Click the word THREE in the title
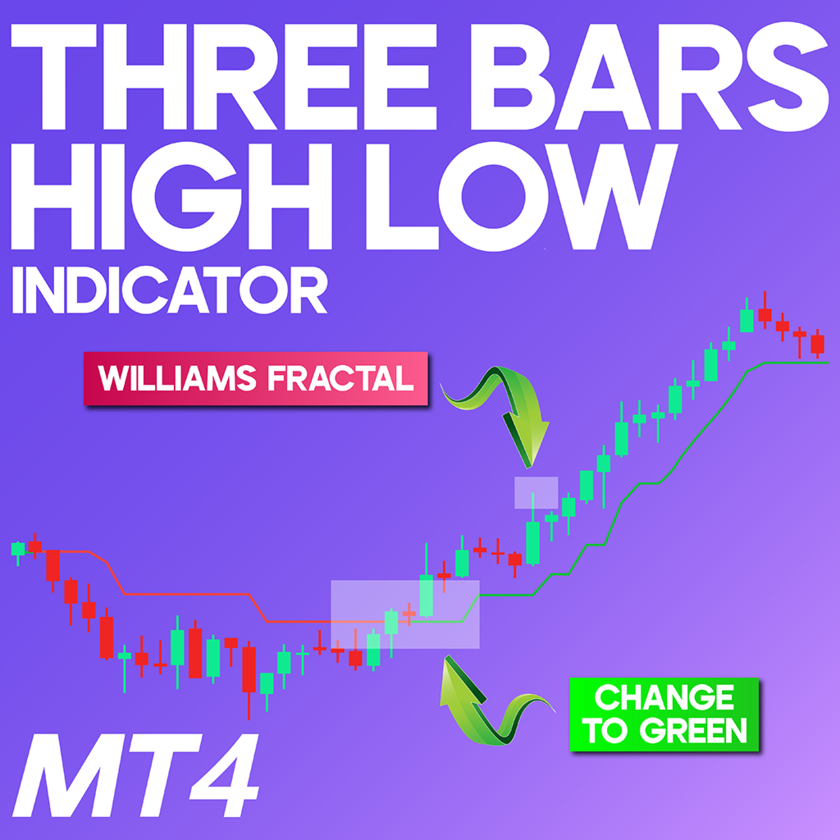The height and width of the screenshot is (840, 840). [x=224, y=76]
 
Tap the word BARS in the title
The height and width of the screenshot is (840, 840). [x=650, y=76]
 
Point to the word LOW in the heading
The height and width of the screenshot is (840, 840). [x=522, y=196]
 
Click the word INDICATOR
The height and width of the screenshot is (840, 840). [x=170, y=290]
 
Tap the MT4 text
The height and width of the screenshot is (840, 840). [x=136, y=775]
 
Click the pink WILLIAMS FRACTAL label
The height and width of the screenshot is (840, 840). [x=256, y=378]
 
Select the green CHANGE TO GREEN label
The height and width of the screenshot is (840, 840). [x=664, y=714]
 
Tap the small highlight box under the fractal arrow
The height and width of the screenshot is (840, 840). [x=536, y=492]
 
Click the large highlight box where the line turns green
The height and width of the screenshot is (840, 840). [x=405, y=614]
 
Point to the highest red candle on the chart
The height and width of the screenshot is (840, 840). [x=765, y=314]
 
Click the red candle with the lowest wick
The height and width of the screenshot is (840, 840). [x=249, y=669]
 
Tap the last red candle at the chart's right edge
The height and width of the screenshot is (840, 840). [x=818, y=344]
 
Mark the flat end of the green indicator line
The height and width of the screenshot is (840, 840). [x=828, y=363]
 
